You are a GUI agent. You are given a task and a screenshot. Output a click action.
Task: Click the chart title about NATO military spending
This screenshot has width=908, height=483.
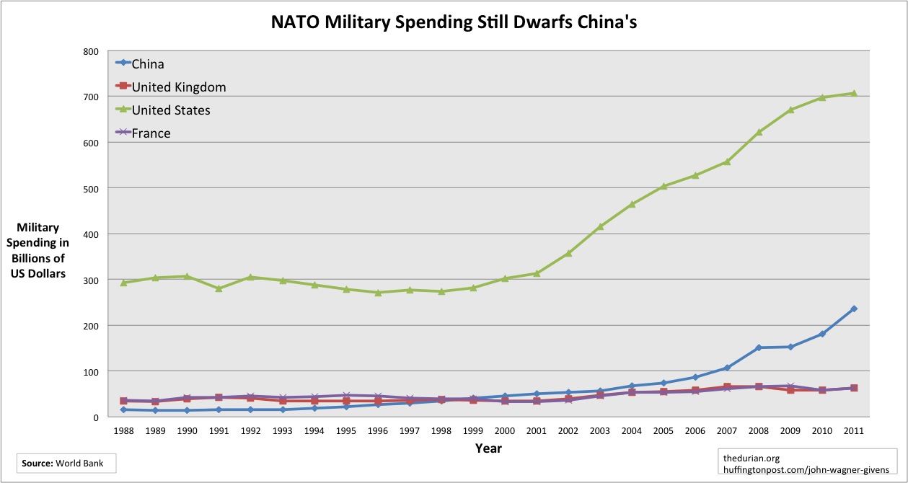coord(454,22)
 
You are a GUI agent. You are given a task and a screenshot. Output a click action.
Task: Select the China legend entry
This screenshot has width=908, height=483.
coord(147,63)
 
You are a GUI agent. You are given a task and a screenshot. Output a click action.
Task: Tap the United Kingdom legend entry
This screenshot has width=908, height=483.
coord(178,87)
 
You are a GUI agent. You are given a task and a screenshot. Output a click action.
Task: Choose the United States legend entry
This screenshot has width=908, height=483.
coord(171,110)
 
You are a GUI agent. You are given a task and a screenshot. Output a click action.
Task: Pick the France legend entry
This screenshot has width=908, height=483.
coord(151,133)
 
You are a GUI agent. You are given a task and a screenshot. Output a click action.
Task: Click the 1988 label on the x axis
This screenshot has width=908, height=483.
coord(123,430)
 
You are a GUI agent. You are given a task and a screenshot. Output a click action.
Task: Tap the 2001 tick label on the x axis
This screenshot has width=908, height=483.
coord(536,430)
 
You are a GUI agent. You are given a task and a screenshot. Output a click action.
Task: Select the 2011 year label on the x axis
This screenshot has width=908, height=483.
coord(853,430)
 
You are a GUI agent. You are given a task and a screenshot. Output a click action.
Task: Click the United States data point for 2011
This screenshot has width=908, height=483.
coord(853,93)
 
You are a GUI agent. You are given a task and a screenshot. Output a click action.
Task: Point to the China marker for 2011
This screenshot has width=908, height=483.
coord(853,309)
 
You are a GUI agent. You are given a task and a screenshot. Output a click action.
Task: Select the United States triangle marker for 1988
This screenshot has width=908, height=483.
coord(123,283)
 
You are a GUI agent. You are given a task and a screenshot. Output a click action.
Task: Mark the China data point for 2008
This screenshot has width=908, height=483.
coord(758,347)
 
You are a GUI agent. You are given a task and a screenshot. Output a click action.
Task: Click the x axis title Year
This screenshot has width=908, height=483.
coord(488,448)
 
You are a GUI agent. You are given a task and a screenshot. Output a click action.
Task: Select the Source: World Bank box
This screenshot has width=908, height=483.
coord(66,462)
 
